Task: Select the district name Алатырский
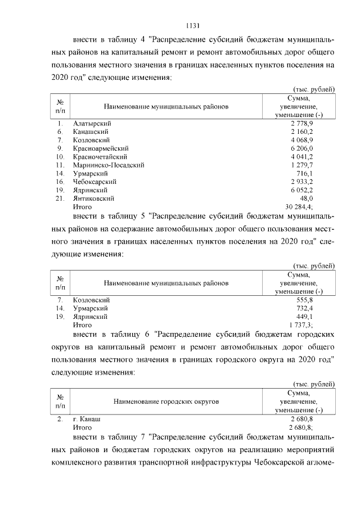[92, 123]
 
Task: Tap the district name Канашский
[91, 131]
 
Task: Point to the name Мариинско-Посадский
[109, 165]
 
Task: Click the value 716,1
[306, 173]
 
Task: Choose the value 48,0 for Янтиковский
[308, 199]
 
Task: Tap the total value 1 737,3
[302, 325]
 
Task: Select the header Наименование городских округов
[166, 402]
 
